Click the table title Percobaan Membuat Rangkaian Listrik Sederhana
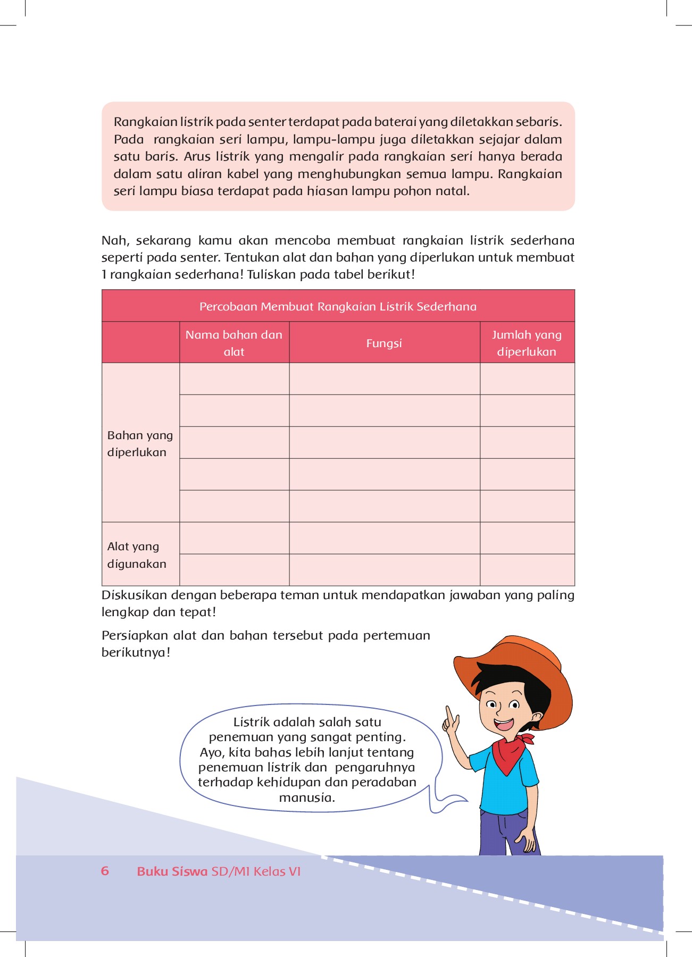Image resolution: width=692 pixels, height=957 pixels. click(338, 307)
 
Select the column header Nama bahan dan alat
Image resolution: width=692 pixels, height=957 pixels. click(234, 343)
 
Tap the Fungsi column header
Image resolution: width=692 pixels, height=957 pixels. click(384, 343)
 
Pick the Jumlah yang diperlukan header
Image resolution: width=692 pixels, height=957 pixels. click(527, 343)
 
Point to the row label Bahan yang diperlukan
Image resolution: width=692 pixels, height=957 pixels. click(140, 443)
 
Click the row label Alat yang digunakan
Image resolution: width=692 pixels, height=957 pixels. click(137, 555)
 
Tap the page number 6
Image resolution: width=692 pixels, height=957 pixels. click(105, 871)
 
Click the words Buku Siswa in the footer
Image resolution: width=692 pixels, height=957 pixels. click(172, 871)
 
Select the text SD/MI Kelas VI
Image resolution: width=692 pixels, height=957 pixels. click(256, 871)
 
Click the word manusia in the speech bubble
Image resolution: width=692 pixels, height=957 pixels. click(307, 797)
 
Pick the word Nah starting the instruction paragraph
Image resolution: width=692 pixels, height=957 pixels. click(115, 240)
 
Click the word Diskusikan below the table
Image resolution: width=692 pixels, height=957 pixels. click(135, 595)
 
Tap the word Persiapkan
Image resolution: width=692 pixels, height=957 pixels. click(135, 635)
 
